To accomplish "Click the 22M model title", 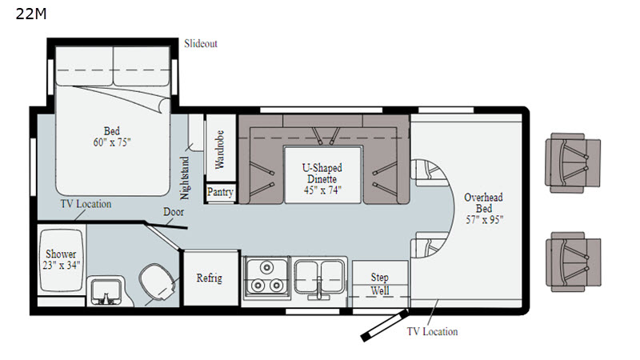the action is (31, 14).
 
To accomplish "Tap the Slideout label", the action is (201, 44).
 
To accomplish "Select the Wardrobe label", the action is (219, 149).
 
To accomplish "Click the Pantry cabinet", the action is (220, 192).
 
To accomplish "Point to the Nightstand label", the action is (185, 178).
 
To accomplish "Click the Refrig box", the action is (210, 278).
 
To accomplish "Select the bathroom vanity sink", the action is (106, 291).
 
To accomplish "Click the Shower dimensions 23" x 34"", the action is (62, 266).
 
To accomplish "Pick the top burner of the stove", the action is (266, 267).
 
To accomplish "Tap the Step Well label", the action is (379, 284).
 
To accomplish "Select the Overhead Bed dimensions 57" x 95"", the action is (484, 219).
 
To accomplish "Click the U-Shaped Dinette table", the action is (322, 174).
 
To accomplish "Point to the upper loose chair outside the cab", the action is (573, 162).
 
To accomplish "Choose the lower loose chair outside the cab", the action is (573, 262).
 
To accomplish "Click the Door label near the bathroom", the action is (174, 212).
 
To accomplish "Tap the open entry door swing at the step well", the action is (384, 326).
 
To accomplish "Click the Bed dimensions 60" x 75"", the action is (112, 142).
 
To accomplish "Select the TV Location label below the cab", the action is (432, 331).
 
